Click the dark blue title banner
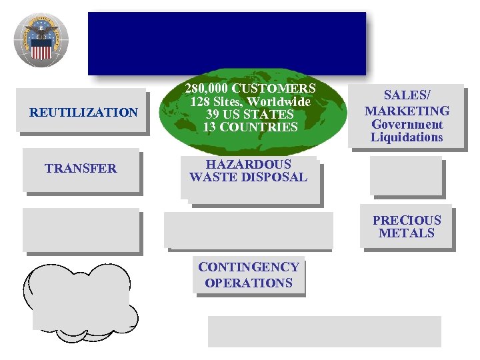tap(227, 43)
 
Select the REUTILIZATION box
tap(83, 113)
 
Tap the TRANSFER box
tap(81, 169)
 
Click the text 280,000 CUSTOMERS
tap(250, 89)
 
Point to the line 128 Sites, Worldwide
tap(250, 102)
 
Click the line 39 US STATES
tap(250, 115)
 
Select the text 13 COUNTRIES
tap(250, 127)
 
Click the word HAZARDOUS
tap(248, 164)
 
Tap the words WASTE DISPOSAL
tap(248, 177)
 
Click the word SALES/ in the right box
tap(406, 97)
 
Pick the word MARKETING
tap(407, 111)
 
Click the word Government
tap(407, 125)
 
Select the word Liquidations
tap(407, 138)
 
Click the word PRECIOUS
tap(407, 220)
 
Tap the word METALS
tap(407, 233)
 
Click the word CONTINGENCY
tap(248, 267)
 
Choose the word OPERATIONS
tap(248, 283)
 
